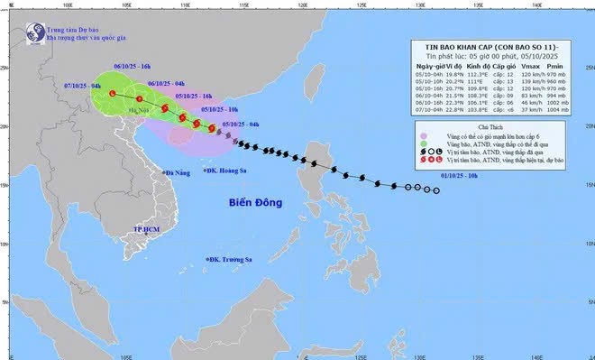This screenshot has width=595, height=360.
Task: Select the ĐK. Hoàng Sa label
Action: (230, 171)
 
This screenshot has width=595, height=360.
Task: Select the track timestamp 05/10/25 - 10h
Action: (218, 108)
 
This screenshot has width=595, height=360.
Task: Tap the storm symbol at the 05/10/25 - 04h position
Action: (213, 129)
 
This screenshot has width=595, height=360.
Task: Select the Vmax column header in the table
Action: (531, 66)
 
